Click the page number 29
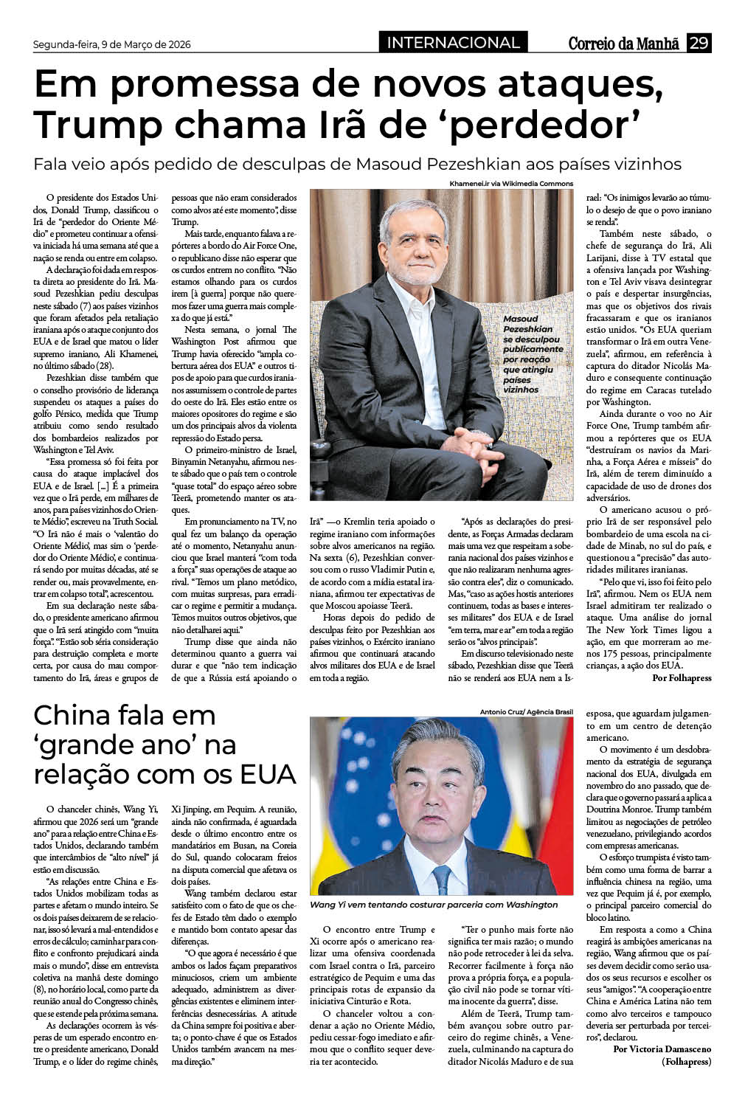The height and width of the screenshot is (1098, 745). click(698, 44)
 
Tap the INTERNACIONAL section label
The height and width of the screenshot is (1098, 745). click(453, 43)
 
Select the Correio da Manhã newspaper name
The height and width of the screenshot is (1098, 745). click(623, 44)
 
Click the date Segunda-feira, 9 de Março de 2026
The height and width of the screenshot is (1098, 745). click(111, 44)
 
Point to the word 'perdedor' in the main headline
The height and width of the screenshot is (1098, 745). click(543, 125)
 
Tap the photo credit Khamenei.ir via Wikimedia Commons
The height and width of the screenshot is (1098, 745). click(510, 183)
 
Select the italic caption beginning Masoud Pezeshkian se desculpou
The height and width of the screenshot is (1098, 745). click(532, 354)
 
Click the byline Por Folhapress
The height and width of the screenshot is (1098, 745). click(682, 677)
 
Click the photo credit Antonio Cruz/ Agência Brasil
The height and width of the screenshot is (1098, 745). click(526, 711)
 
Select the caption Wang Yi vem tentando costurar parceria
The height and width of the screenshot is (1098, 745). click(434, 905)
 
